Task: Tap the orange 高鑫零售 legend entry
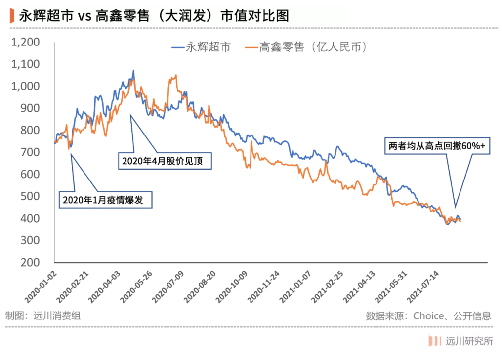coord(306,47)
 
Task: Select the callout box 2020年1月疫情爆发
coord(105,200)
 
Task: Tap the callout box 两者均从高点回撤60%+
coord(437,146)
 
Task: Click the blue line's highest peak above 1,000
coord(133,71)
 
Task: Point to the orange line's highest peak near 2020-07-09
coord(175,76)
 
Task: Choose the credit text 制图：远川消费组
coord(42,316)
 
